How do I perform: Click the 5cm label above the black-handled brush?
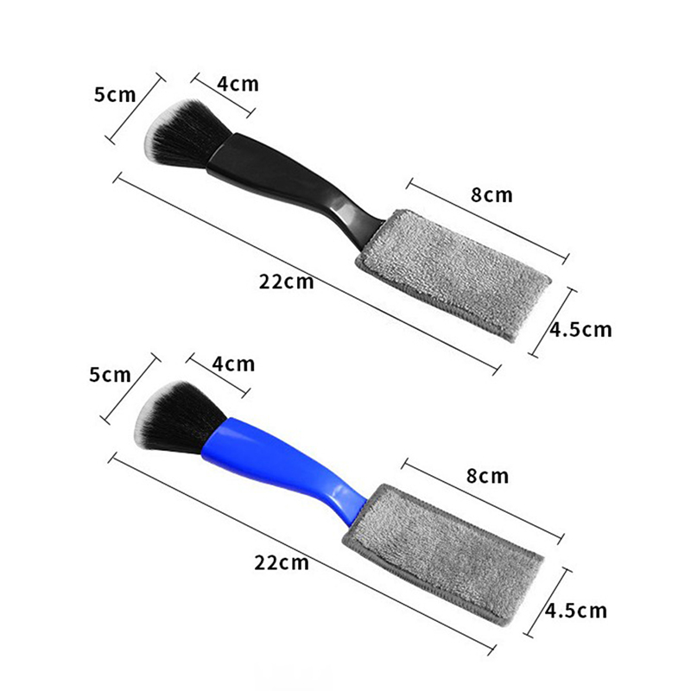pos(115,95)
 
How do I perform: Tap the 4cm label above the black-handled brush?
pos(238,84)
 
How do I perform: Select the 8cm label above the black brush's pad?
pos(491,195)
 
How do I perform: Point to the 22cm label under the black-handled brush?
pos(287,282)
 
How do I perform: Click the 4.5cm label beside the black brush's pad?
pos(581,330)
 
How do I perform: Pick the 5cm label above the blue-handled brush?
pos(111,375)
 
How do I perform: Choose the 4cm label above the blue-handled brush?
pos(233,365)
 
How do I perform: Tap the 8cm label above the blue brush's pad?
pos(487,476)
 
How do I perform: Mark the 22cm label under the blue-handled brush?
pos(282,563)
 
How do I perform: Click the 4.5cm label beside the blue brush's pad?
pos(576,611)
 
